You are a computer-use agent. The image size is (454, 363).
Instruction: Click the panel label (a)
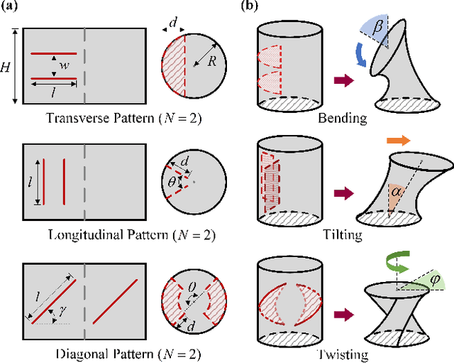click(x=11, y=7)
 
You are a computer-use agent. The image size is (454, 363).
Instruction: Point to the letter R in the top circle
click(x=211, y=62)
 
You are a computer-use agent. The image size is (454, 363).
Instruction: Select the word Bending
click(x=342, y=119)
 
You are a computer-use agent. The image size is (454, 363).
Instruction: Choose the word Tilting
click(x=342, y=234)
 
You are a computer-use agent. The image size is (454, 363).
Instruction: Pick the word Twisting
click(x=342, y=354)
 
